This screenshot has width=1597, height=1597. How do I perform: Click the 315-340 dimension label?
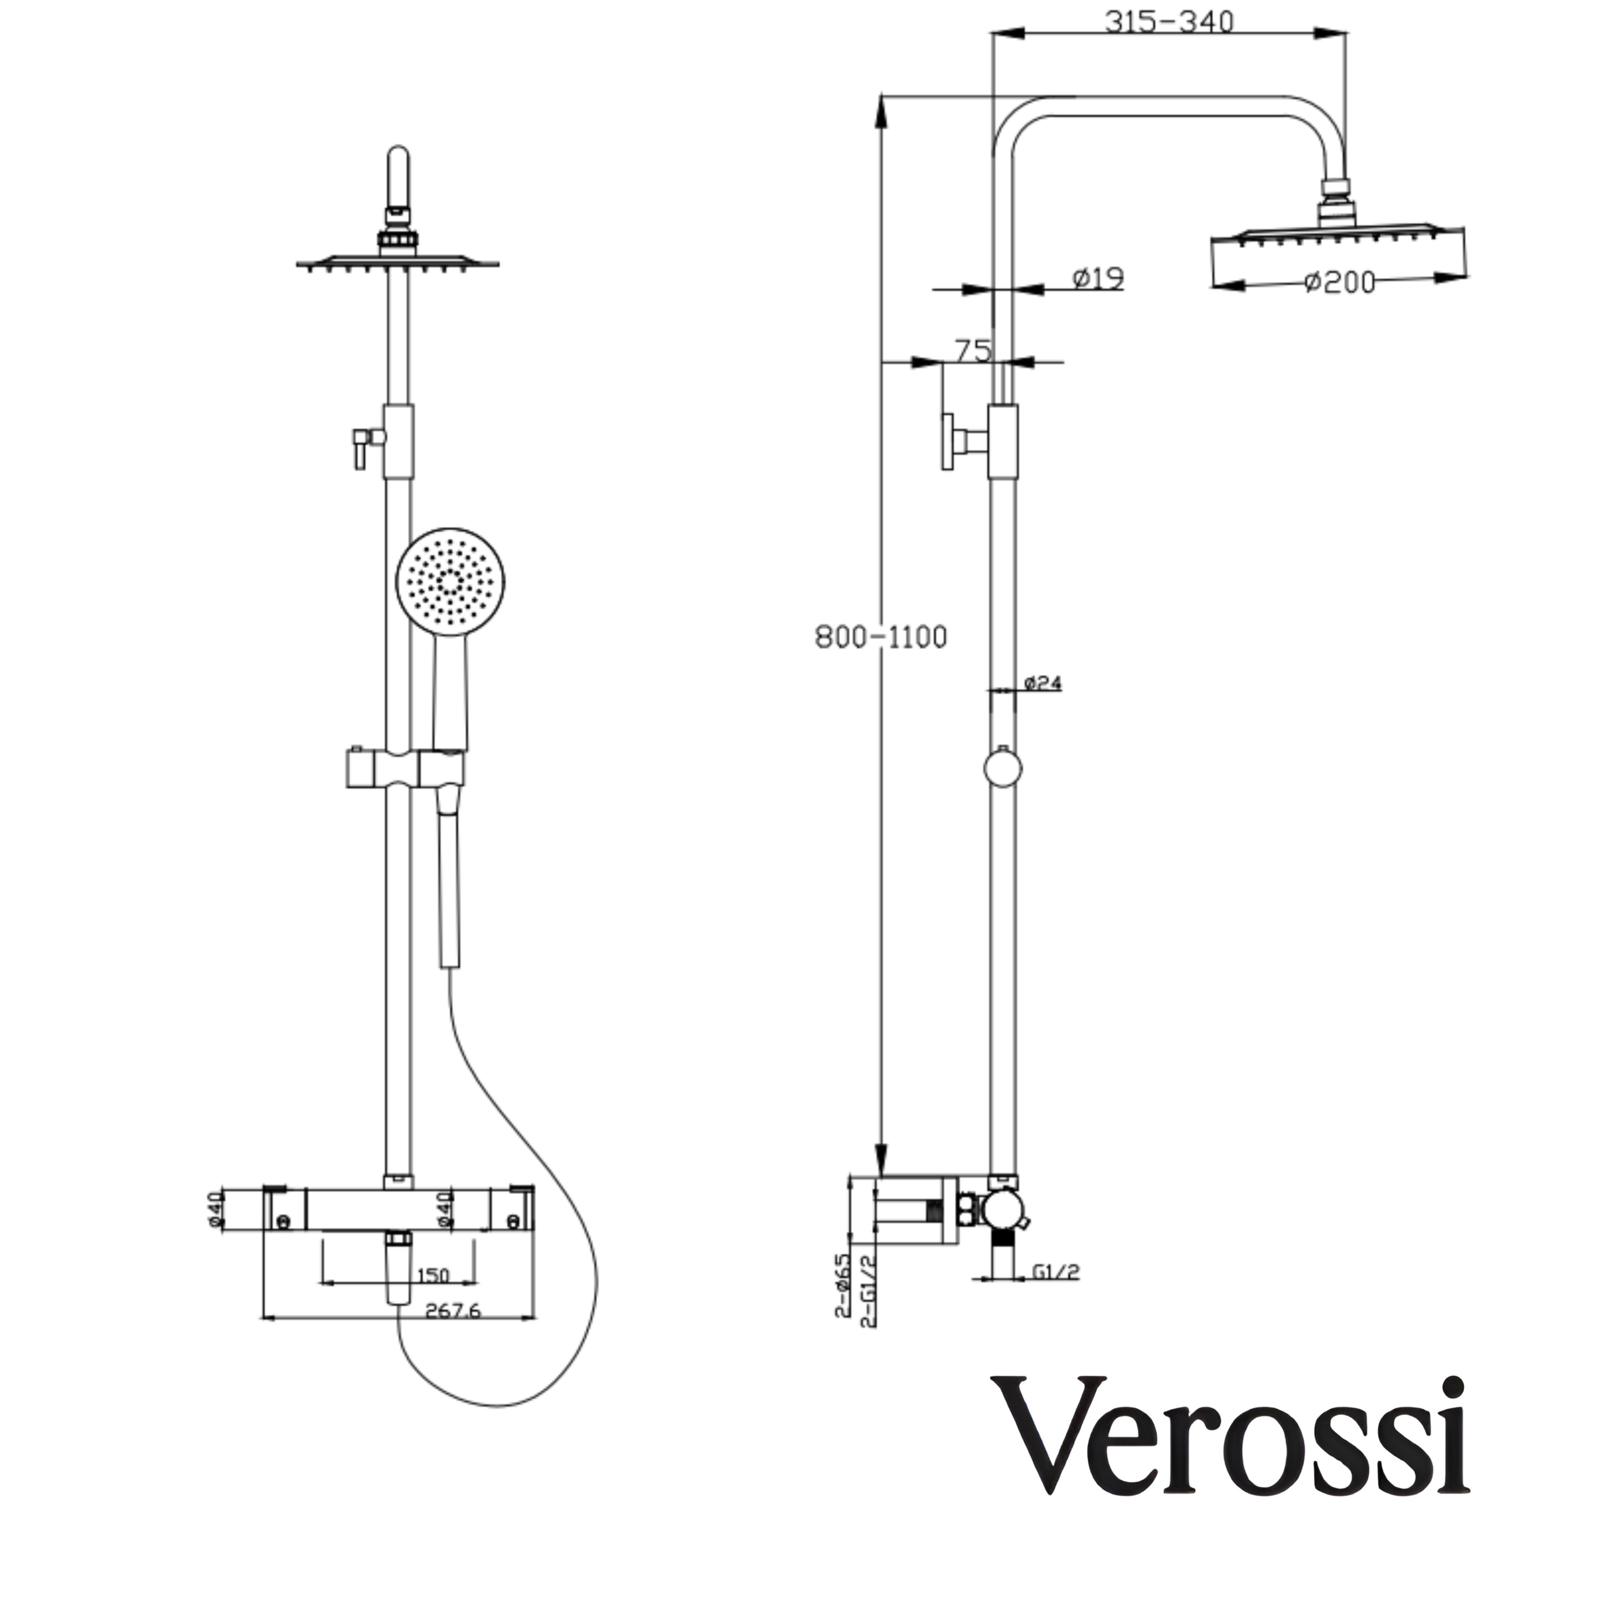click(x=1169, y=22)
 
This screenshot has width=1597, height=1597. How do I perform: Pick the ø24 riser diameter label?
click(x=1042, y=684)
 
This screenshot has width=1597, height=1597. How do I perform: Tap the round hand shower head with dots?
click(x=450, y=582)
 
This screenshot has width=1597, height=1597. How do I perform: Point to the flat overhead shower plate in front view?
click(x=398, y=263)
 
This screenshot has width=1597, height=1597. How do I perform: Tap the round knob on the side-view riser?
click(x=1003, y=769)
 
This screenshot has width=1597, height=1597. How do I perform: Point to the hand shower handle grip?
click(x=450, y=698)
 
